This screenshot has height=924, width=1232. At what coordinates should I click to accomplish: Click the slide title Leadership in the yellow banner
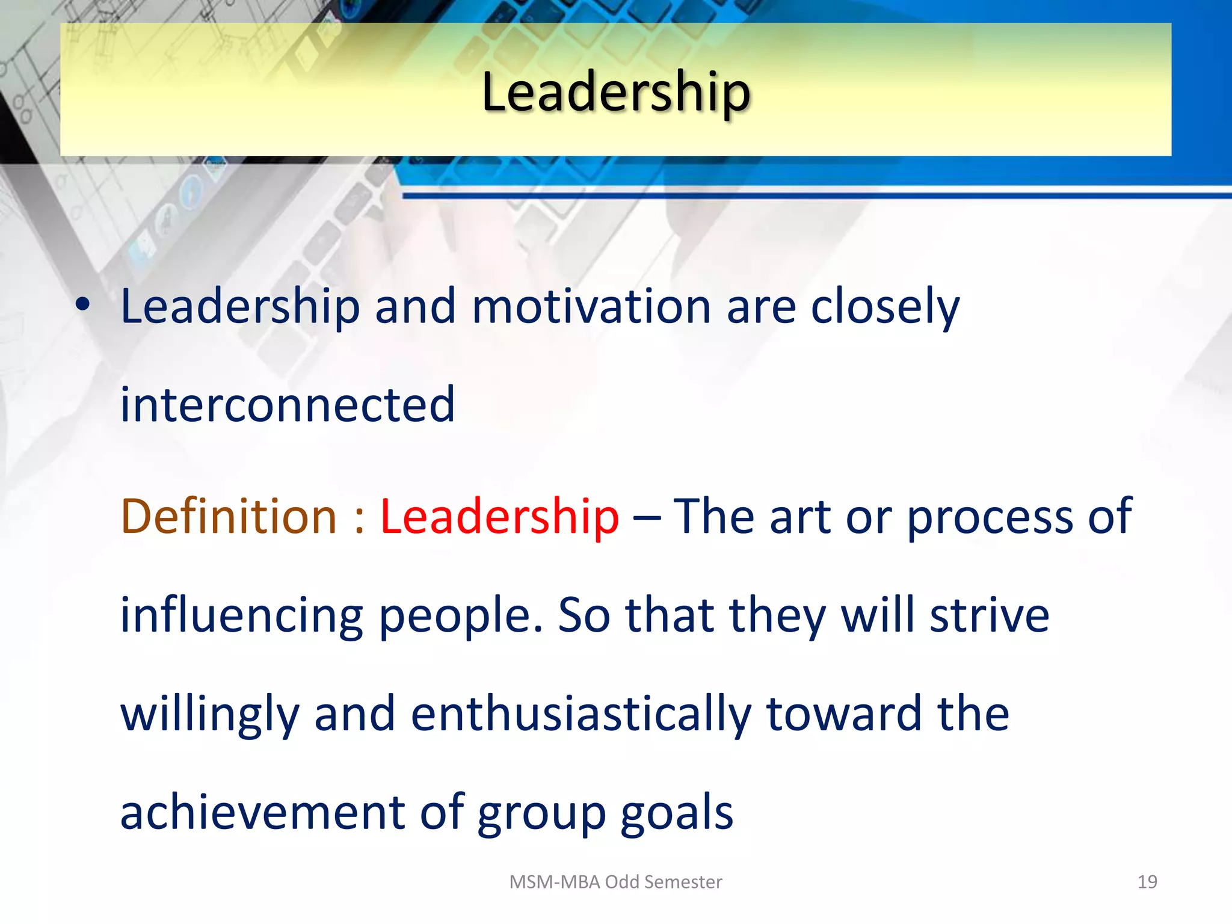coord(615,91)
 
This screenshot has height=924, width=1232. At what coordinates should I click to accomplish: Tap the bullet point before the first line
coord(83,305)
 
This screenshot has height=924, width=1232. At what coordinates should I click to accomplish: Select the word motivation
coord(591,307)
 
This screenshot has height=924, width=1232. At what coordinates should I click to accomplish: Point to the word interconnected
coord(288,404)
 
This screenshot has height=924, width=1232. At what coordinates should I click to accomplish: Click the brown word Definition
coord(229,516)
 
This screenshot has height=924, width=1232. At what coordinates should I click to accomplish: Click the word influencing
coord(242,616)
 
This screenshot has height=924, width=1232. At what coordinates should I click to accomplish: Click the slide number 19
coord(1147,882)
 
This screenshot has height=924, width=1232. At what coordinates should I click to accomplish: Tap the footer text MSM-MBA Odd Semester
coord(615,882)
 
